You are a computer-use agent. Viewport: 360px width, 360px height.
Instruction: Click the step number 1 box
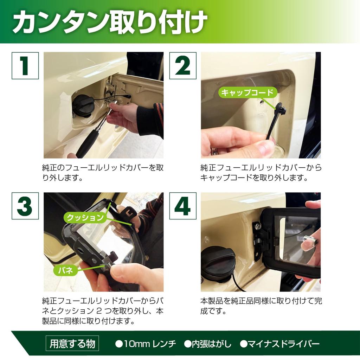[x=25, y=66]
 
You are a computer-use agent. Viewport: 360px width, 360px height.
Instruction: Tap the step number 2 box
[x=183, y=66]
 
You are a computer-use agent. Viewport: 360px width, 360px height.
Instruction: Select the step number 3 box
[x=25, y=206]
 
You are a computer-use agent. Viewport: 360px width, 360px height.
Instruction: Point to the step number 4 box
[x=183, y=206]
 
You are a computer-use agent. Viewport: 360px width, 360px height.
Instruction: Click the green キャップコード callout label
[x=248, y=92]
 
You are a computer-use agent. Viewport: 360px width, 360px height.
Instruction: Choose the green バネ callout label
[x=65, y=270]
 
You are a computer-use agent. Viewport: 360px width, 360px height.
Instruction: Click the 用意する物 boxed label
[x=72, y=344]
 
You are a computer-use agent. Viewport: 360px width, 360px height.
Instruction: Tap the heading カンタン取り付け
[x=110, y=22]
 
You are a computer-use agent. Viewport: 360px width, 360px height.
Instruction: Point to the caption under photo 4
[x=261, y=306]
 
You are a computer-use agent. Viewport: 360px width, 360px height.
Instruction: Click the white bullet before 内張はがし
[x=188, y=344]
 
